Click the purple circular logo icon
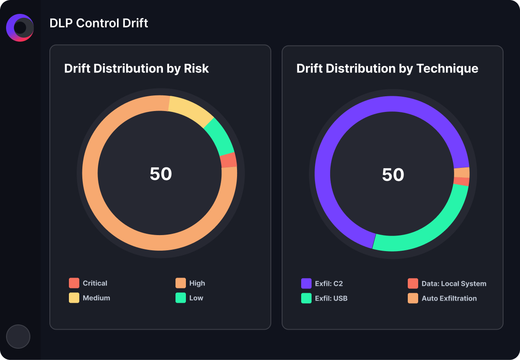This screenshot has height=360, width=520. tap(20, 28)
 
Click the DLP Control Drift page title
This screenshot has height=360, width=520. tap(99, 23)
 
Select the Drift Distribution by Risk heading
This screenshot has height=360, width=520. tap(136, 69)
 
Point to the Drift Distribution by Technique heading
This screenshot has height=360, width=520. tap(387, 69)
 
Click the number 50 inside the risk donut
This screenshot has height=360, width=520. tap(161, 174)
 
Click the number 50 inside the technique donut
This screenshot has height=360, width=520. tap(393, 175)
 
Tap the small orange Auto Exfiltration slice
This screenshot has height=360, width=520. tap(462, 173)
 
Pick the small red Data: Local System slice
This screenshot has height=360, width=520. tap(461, 181)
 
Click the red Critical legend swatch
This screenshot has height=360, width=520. tap(74, 283)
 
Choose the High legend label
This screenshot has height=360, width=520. tap(197, 283)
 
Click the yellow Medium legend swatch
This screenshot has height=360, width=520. tap(74, 298)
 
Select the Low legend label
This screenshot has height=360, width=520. tap(196, 298)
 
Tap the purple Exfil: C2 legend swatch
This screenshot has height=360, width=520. tap(306, 284)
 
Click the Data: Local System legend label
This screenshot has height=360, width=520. tap(454, 284)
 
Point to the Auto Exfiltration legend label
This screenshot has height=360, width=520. tap(449, 298)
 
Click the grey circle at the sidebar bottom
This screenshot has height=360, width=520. tap(18, 337)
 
